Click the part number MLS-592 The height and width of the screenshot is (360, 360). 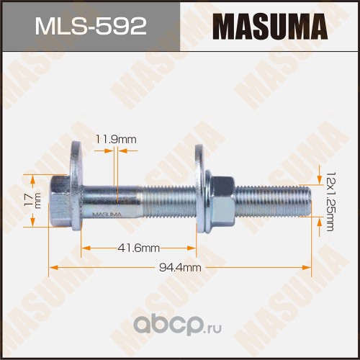tap(91, 27)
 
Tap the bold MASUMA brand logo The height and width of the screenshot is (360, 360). tap(270, 27)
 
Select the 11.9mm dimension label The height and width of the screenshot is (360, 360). tap(116, 139)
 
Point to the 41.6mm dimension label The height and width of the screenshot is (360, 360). tap(139, 248)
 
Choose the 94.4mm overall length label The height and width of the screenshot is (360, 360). tap(180, 267)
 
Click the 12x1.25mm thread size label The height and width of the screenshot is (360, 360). tap(330, 201)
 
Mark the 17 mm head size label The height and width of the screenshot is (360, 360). tap(33, 199)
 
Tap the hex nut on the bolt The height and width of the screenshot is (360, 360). tap(222, 201)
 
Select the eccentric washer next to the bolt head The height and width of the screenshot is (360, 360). tap(76, 186)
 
